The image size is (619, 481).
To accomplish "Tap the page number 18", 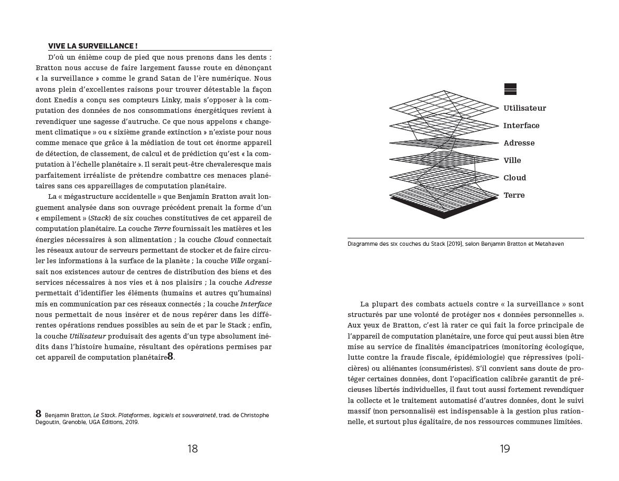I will point(193,449).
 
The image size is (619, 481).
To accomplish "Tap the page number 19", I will point(505,449).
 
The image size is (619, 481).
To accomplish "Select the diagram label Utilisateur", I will point(524,108).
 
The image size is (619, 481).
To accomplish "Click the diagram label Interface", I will point(521,126).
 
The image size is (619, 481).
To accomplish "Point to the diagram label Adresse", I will point(519,143).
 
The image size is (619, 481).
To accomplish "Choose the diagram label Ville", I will point(512,160).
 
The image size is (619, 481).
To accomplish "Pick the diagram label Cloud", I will point(514,178).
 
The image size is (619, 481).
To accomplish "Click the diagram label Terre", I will point(514,195).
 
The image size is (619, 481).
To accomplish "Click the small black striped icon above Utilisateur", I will point(510,89).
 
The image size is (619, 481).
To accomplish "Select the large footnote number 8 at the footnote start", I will point(39,414).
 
